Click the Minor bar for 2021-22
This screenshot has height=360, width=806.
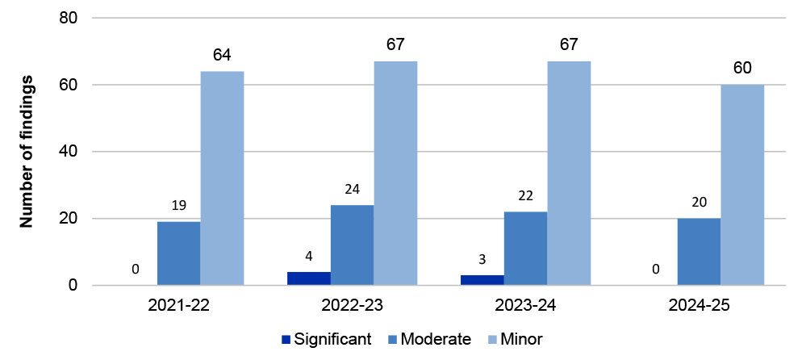[222, 178]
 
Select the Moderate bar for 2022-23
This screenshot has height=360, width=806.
[352, 245]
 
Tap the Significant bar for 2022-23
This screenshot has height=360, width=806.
[309, 278]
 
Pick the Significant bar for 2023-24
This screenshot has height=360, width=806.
[482, 280]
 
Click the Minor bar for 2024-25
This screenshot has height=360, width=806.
[742, 185]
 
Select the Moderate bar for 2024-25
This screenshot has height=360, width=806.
[699, 252]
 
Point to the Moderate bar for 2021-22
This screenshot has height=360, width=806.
[178, 253]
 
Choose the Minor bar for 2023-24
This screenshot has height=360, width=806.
[569, 173]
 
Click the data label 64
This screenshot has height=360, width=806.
[223, 56]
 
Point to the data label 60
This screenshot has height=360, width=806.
[742, 69]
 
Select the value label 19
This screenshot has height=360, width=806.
[178, 206]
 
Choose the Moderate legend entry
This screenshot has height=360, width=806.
[432, 339]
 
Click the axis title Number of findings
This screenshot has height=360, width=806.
[27, 152]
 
